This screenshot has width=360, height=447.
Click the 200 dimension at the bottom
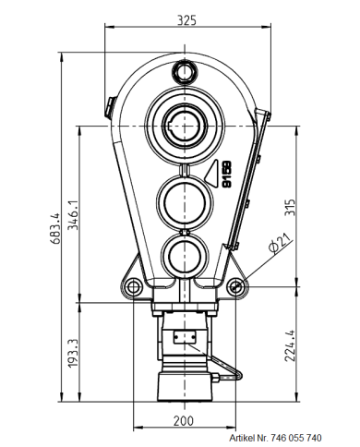click(x=185, y=420)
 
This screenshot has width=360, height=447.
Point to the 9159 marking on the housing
click(x=226, y=175)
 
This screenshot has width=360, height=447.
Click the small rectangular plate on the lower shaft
click(x=185, y=338)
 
